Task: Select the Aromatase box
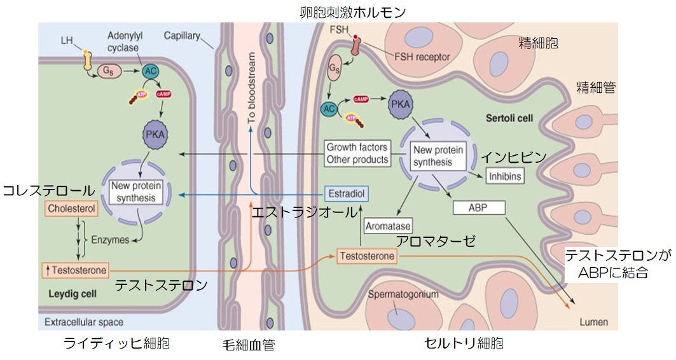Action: tap(387, 225)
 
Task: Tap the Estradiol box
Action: tap(346, 193)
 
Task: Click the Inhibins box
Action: tap(505, 176)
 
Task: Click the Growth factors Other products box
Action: tap(357, 153)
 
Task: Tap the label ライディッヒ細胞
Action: tap(117, 343)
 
